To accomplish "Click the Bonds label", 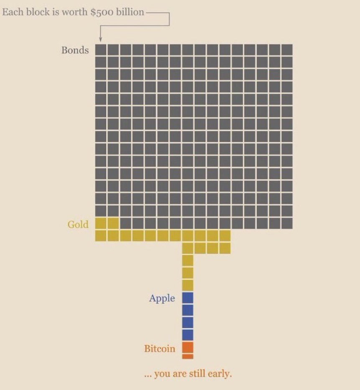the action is pyautogui.click(x=75, y=50).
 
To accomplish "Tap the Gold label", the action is pyautogui.click(x=78, y=224).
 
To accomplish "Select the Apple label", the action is pyautogui.click(x=162, y=298).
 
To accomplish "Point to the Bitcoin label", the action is pyautogui.click(x=160, y=349).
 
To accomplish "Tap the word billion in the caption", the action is pyautogui.click(x=130, y=12).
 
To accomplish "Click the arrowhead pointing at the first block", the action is pyautogui.click(x=100, y=39).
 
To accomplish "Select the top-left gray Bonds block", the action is pyautogui.click(x=100, y=50).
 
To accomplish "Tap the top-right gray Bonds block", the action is pyautogui.click(x=287, y=50).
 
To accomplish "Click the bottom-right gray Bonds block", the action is pyautogui.click(x=287, y=223).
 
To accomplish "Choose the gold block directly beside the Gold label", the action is pyautogui.click(x=100, y=223).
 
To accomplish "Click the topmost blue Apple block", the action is pyautogui.click(x=188, y=298).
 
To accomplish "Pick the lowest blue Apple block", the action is pyautogui.click(x=188, y=335).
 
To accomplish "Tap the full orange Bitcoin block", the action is pyautogui.click(x=188, y=347).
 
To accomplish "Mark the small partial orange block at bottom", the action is pyautogui.click(x=188, y=357).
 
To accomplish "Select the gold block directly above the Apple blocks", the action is pyautogui.click(x=188, y=285).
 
